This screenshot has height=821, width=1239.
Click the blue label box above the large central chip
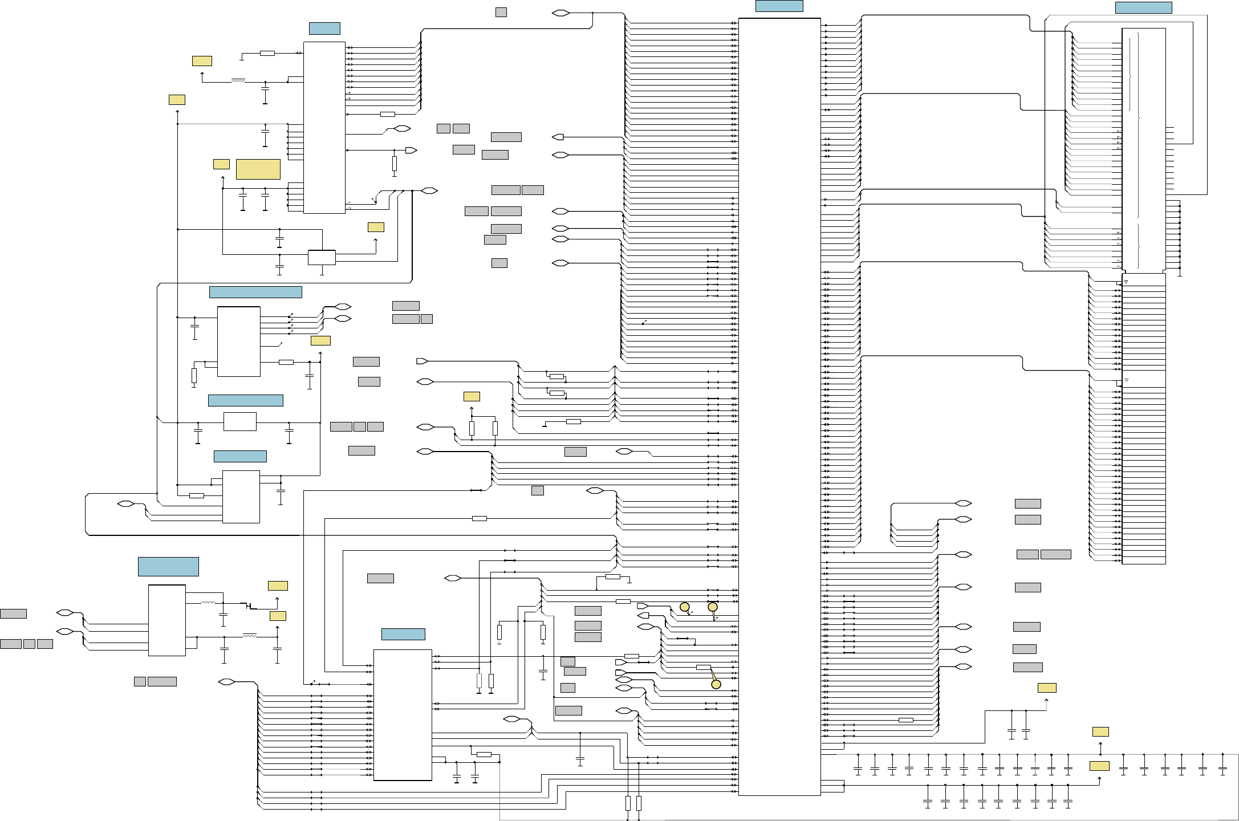click(779, 6)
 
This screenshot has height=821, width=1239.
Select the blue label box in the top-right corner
click(1143, 8)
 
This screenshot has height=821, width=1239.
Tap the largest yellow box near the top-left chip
click(258, 169)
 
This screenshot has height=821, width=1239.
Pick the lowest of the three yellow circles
click(716, 684)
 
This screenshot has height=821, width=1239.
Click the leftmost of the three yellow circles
click(685, 607)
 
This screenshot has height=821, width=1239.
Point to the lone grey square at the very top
click(501, 12)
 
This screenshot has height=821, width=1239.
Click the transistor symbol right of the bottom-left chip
click(249, 605)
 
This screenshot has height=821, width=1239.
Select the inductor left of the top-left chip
click(238, 82)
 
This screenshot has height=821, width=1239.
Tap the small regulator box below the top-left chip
click(322, 257)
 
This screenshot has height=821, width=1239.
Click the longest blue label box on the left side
click(255, 292)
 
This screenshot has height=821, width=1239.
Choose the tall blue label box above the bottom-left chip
click(168, 567)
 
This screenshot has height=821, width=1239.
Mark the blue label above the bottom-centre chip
click(403, 634)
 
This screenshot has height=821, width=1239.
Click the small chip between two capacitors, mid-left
click(240, 421)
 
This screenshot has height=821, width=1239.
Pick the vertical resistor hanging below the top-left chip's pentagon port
click(394, 164)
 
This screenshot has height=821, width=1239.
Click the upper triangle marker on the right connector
click(1126, 282)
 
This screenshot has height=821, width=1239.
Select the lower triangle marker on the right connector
click(1126, 380)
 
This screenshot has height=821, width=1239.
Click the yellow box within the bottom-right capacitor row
click(1099, 766)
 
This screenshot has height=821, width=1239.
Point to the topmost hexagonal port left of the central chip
click(560, 13)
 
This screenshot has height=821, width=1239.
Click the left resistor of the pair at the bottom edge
click(628, 803)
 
